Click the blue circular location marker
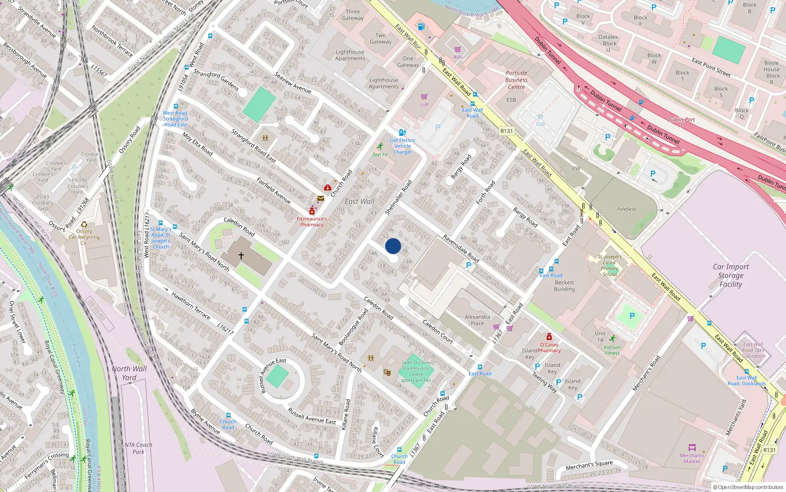click(x=393, y=246)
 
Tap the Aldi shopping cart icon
click(x=458, y=50)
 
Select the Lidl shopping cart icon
click(x=424, y=97)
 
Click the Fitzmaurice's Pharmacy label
click(x=312, y=222)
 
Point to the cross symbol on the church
click(x=241, y=256)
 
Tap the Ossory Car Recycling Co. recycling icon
click(x=84, y=224)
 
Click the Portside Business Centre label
click(x=516, y=80)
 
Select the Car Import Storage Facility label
click(x=730, y=275)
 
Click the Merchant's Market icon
click(x=692, y=448)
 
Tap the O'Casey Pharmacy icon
click(x=549, y=337)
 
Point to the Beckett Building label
click(x=564, y=286)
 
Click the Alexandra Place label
click(x=477, y=320)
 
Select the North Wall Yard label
click(x=129, y=373)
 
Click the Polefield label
click(x=626, y=209)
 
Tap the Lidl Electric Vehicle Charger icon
click(x=402, y=133)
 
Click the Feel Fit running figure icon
click(x=380, y=147)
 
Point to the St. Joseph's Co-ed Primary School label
click(x=610, y=265)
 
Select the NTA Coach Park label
click(x=139, y=448)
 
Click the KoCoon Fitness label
click(x=612, y=350)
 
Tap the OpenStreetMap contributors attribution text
click(x=750, y=487)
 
